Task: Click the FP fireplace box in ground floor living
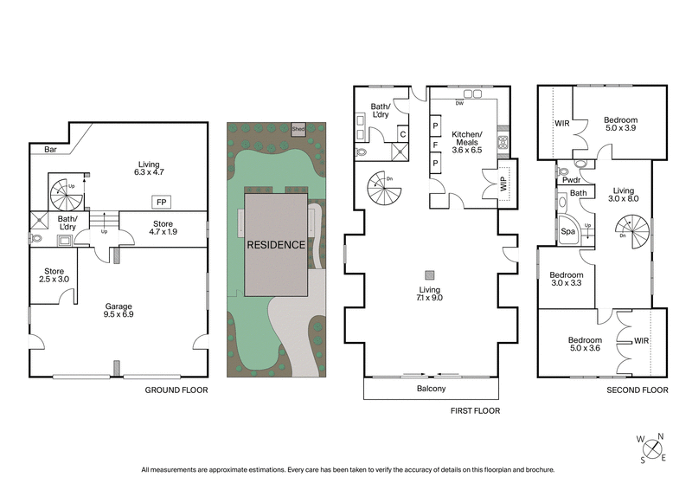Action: tap(161, 202)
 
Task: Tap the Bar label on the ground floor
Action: tap(40, 149)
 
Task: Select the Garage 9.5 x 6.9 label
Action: tap(118, 310)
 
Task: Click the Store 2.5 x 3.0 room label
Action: tap(51, 274)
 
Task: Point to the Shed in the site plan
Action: tap(298, 129)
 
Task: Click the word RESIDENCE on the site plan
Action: tap(276, 245)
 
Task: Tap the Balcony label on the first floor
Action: tap(431, 389)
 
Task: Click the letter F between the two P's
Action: tap(436, 145)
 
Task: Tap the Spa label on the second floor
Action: tap(568, 232)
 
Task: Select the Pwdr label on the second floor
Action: tap(569, 180)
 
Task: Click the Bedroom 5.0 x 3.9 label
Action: tap(620, 124)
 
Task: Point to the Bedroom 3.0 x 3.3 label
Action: tap(567, 278)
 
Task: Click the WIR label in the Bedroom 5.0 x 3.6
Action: tap(641, 341)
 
